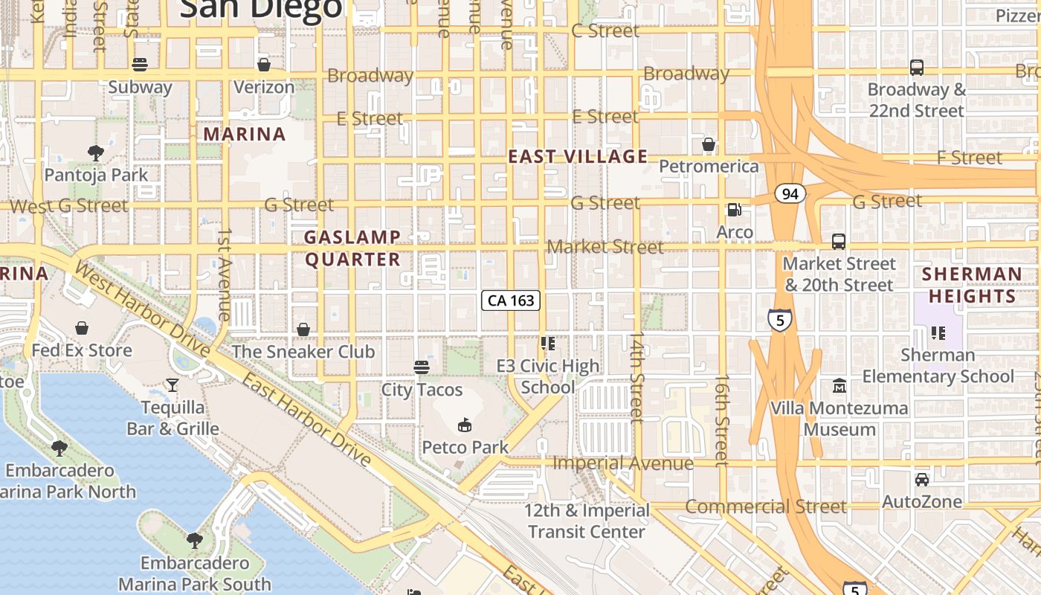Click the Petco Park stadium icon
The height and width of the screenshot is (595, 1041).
point(465,425)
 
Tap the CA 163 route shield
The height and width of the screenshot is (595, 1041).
point(510,300)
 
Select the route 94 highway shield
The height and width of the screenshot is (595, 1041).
point(790,194)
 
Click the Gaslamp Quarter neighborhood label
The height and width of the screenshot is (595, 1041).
point(353,248)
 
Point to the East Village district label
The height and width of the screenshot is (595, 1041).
point(578,156)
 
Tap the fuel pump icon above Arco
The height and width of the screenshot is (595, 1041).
point(734,210)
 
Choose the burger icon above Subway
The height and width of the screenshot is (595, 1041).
point(140,65)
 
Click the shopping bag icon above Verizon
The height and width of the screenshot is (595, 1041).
point(263,65)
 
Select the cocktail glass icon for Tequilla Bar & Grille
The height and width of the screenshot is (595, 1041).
point(173,385)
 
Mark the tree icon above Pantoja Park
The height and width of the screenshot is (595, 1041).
point(95,153)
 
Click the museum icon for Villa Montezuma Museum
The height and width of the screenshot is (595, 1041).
point(839,386)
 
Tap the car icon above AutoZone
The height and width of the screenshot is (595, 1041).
point(921,480)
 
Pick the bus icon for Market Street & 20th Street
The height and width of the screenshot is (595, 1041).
point(839,242)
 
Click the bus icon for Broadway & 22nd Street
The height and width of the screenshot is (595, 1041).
point(917,68)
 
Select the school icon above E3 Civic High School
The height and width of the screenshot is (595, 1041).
point(548,344)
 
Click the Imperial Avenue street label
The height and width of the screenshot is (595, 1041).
point(623,463)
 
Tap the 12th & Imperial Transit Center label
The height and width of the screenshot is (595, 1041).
point(587,521)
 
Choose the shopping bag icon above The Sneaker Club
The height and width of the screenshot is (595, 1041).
point(303,329)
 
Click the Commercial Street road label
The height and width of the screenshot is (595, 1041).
point(765,507)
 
